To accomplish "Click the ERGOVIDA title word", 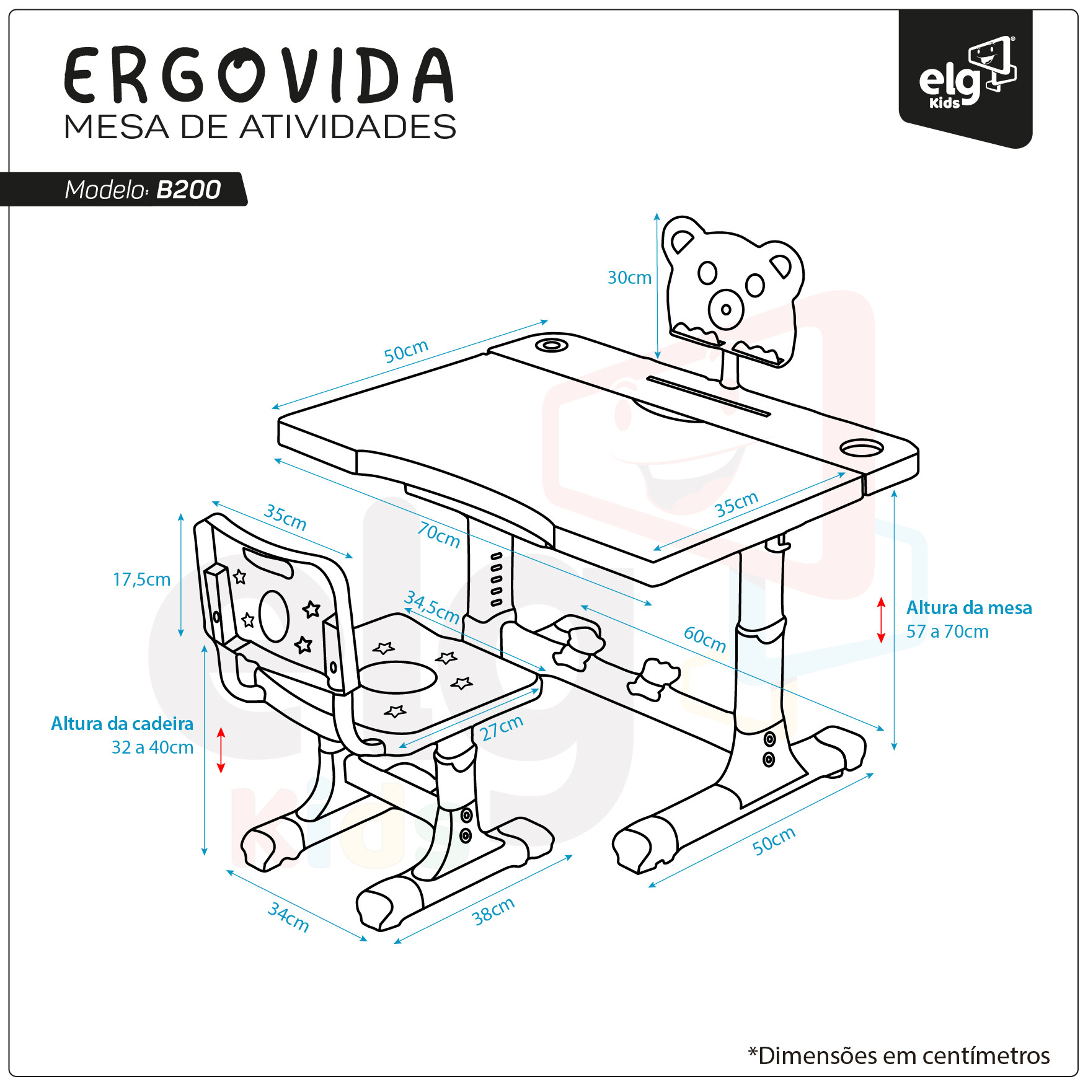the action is (x=259, y=75).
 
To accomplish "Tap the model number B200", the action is (x=188, y=190).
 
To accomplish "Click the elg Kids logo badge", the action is (x=966, y=78).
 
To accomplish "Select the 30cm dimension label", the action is (x=629, y=278).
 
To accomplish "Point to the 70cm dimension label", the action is (x=439, y=534).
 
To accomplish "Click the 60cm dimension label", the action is (x=705, y=639).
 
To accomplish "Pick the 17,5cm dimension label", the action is (x=141, y=579).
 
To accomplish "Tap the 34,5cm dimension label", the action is (x=432, y=607).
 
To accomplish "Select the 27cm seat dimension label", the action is (x=502, y=728).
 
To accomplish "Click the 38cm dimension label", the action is (x=493, y=912).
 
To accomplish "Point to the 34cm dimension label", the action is (x=288, y=917).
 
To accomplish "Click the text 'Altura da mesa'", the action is (x=969, y=608).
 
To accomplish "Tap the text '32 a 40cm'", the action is (x=153, y=747).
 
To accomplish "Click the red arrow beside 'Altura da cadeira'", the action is (x=221, y=750).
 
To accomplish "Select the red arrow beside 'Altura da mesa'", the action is (x=881, y=620).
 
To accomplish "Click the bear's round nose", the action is (x=726, y=309).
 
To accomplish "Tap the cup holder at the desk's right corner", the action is (x=862, y=447).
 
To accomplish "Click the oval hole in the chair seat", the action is (x=397, y=677).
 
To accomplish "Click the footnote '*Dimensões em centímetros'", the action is (x=899, y=1055).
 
